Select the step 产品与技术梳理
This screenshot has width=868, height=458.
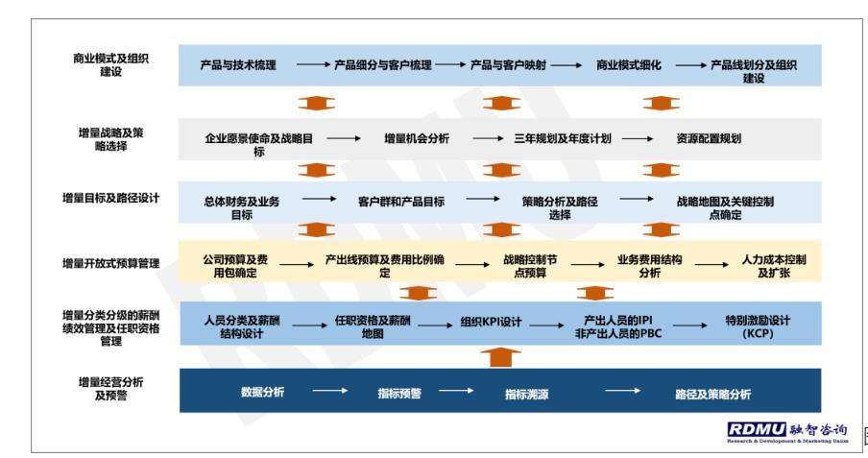tap(238, 64)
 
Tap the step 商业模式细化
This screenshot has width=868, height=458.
tap(628, 64)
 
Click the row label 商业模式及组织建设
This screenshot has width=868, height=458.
tap(110, 64)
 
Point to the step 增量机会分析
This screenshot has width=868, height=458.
tap(417, 138)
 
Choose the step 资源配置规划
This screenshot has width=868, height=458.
tap(709, 138)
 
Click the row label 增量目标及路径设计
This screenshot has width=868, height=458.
tap(110, 198)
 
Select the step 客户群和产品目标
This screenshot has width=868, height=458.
tap(401, 202)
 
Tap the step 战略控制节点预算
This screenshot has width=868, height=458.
tap(530, 266)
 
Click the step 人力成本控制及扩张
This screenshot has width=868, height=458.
tap(774, 266)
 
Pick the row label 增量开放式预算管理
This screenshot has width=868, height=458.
tap(110, 264)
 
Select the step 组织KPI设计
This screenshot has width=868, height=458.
tap(491, 322)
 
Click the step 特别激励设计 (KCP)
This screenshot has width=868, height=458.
tap(758, 326)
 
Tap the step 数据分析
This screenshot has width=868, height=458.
tap(262, 392)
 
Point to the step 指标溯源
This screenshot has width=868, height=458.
tap(526, 395)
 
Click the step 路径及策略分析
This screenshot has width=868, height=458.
tap(713, 395)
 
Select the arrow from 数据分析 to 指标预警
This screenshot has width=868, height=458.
tap(330, 391)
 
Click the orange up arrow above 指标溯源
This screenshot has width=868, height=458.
tap(500, 357)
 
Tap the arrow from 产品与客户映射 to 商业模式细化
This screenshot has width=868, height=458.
tap(567, 64)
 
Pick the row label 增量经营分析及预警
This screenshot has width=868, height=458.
tap(110, 388)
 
